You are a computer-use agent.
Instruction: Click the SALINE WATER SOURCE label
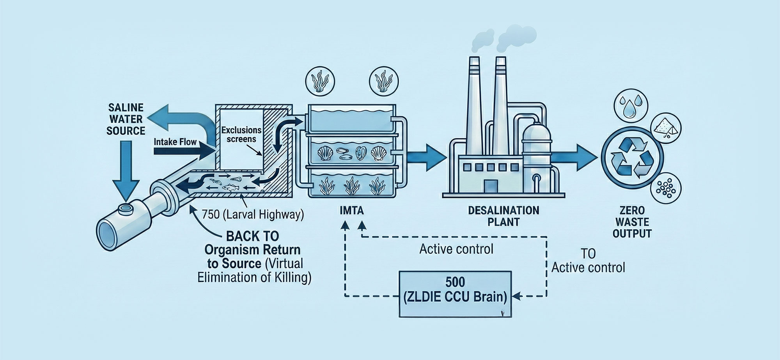pyautogui.click(x=126, y=119)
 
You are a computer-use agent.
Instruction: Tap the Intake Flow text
pyautogui.click(x=175, y=142)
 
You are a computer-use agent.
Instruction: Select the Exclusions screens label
pyautogui.click(x=241, y=134)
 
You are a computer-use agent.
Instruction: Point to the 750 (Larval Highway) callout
pyautogui.click(x=253, y=214)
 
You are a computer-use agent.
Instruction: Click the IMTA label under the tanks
pyautogui.click(x=351, y=211)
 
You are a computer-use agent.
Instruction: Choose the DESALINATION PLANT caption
pyautogui.click(x=503, y=216)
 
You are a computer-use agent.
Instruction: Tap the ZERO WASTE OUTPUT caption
pyautogui.click(x=632, y=222)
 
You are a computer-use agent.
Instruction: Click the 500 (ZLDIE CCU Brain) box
pyautogui.click(x=455, y=294)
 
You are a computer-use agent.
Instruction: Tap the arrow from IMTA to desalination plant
pyautogui.click(x=426, y=158)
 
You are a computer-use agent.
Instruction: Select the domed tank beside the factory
pyautogui.click(x=537, y=156)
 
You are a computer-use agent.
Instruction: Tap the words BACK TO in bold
pyautogui.click(x=253, y=236)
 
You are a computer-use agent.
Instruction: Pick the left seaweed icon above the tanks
pyautogui.click(x=320, y=83)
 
